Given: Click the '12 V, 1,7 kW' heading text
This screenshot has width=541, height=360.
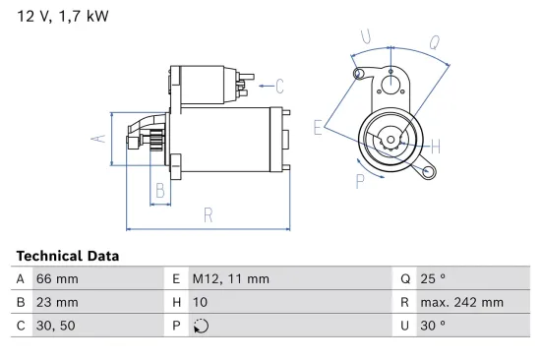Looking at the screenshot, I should tap(62, 17).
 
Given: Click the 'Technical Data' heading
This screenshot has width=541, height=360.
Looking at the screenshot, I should tap(68, 256).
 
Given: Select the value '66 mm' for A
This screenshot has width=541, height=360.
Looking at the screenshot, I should tap(57, 278).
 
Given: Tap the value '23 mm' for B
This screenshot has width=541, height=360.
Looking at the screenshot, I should tap(57, 302).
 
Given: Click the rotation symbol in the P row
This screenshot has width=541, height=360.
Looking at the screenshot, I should tap(203, 326).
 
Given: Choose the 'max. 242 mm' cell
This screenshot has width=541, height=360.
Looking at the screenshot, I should tap(462, 302).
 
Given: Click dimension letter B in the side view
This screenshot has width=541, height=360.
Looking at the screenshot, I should tap(158, 190).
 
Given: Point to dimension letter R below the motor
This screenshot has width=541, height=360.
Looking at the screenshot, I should tap(209, 213).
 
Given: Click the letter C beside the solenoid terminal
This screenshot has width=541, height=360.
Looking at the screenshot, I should tap(279, 85).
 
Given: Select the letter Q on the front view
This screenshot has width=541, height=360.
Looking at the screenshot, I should tap(433, 42).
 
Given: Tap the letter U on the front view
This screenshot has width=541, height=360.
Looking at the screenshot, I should tap(366, 37).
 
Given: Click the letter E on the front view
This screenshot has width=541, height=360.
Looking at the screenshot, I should tap(318, 127).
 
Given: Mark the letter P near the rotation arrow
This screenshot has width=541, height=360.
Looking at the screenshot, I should tap(360, 181).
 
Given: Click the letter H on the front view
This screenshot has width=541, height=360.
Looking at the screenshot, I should tap(435, 147).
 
